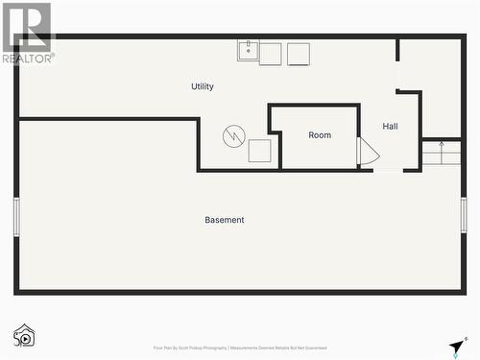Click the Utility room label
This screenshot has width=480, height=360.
pyautogui.click(x=203, y=86)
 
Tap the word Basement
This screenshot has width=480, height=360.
pyautogui.click(x=225, y=220)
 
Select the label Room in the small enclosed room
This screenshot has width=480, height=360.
pyautogui.click(x=320, y=135)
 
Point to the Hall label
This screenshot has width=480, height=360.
pyautogui.click(x=391, y=126)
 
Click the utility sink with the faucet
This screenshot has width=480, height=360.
pyautogui.click(x=248, y=50)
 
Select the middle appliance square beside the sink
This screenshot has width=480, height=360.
pyautogui.click(x=270, y=54)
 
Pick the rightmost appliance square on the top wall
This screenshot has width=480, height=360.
pyautogui.click(x=299, y=54)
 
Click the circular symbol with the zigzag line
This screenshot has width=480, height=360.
pyautogui.click(x=234, y=136)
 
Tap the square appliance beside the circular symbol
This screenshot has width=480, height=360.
pyautogui.click(x=259, y=151)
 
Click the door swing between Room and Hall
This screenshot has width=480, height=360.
pyautogui.click(x=368, y=152)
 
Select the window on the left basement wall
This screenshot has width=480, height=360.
pyautogui.click(x=15, y=216)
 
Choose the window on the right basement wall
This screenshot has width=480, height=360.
pyautogui.click(x=464, y=215)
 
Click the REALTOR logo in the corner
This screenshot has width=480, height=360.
pyautogui.click(x=28, y=33)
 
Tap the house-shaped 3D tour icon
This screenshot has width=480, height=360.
pyautogui.click(x=24, y=335)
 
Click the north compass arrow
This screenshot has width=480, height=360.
pyautogui.click(x=456, y=348)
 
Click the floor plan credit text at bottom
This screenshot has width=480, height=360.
pyautogui.click(x=240, y=348)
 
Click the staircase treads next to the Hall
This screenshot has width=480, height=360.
pyautogui.click(x=442, y=153)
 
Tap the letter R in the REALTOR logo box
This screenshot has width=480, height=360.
pyautogui.click(x=28, y=26)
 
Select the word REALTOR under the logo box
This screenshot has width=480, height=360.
pyautogui.click(x=28, y=59)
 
